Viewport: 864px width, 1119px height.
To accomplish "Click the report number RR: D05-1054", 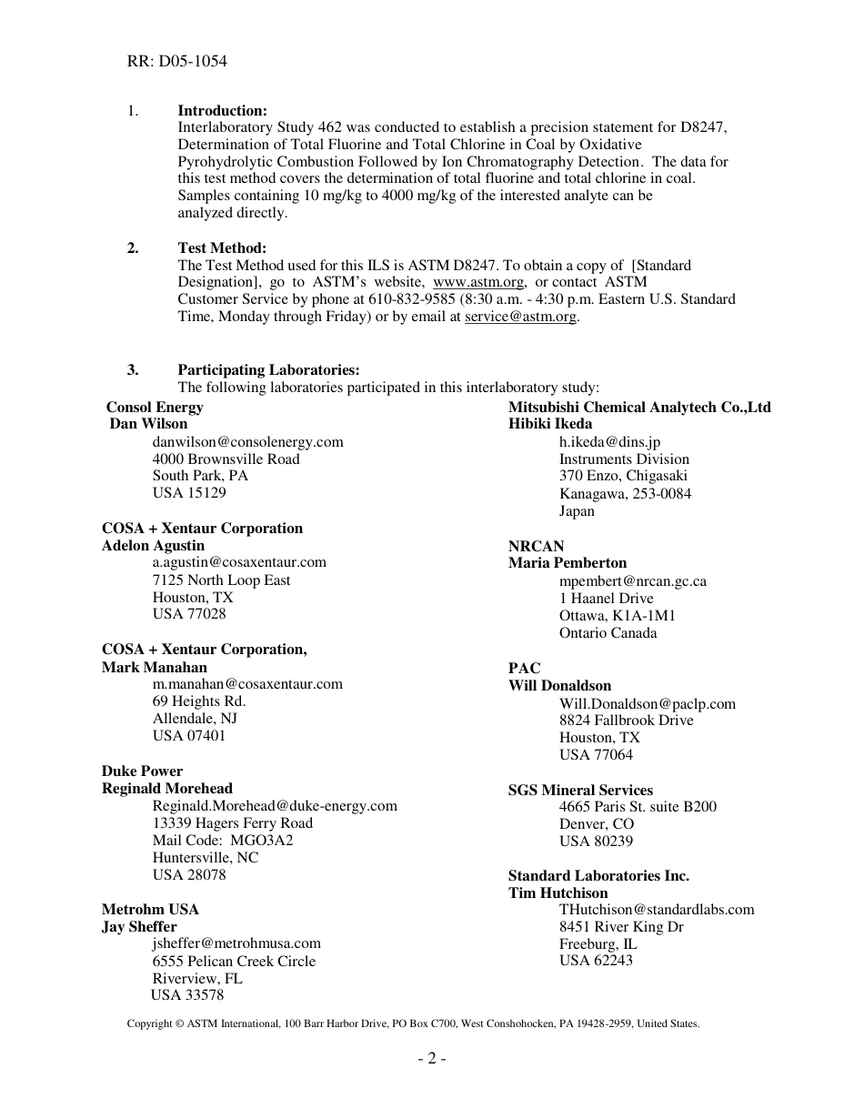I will tap(176, 62).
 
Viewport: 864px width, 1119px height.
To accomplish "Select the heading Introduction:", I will tap(222, 111).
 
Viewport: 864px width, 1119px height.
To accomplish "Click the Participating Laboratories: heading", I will tap(268, 369).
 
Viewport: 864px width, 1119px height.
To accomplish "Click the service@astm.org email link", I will tap(520, 317).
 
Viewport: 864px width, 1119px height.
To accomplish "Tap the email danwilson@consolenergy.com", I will tap(247, 442).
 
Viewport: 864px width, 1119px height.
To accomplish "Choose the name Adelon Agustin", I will tap(153, 546).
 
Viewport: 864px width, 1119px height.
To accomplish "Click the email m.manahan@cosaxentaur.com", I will tap(247, 684).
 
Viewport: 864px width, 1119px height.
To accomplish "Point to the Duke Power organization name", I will tap(142, 771).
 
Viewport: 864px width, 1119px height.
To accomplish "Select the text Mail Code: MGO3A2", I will tap(223, 841).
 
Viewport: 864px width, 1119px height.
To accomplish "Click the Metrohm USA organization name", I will tap(150, 910).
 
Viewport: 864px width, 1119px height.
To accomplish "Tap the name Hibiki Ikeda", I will tap(550, 424).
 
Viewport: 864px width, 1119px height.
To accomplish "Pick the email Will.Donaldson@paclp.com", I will tap(647, 704).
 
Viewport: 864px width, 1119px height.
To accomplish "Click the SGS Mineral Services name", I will tap(580, 791).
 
